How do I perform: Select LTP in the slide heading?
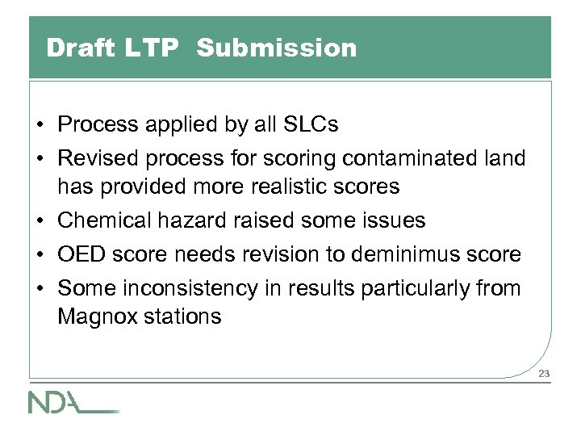pyautogui.click(x=148, y=49)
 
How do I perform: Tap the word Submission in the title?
pyautogui.click(x=275, y=49)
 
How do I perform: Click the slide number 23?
pyautogui.click(x=543, y=373)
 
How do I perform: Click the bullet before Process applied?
pyautogui.click(x=40, y=126)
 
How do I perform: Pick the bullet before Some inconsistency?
pyautogui.click(x=40, y=287)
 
